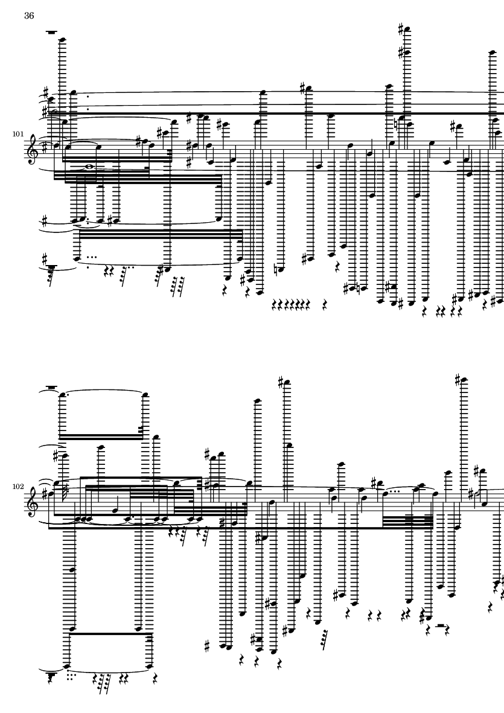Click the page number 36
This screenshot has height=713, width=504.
[x=29, y=16]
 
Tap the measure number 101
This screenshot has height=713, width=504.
[x=18, y=134]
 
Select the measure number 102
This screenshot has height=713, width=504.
[x=18, y=487]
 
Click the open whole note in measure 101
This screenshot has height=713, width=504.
[x=90, y=167]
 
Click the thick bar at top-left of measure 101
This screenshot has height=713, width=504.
[x=52, y=32]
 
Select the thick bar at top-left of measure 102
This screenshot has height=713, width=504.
[x=52, y=388]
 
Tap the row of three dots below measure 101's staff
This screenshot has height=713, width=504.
[x=92, y=257]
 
